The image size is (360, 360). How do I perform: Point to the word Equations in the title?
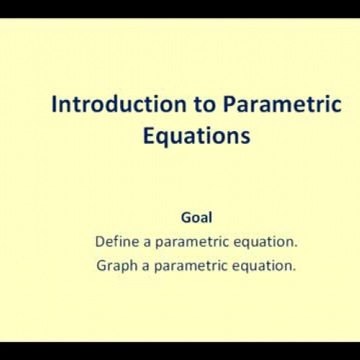[196, 136]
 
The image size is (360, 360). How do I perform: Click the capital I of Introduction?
[54, 104]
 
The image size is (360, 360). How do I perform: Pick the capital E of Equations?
[149, 135]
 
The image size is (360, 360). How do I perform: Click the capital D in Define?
[99, 243]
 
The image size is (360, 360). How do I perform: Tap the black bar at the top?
[180, 8]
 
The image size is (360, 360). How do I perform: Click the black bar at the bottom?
[180, 351]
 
